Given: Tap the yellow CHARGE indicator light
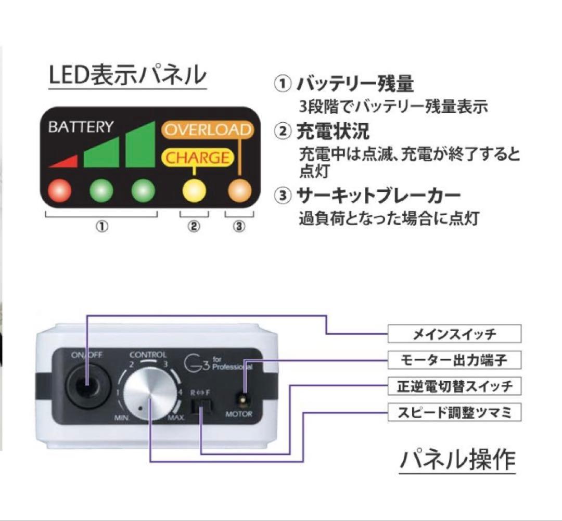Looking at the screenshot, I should click(x=194, y=190).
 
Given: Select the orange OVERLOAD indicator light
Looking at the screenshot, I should click(x=239, y=190).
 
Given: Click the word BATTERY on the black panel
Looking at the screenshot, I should click(x=81, y=127).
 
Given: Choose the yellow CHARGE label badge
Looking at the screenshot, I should click(x=197, y=157).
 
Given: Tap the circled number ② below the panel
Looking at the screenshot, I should click(x=194, y=227).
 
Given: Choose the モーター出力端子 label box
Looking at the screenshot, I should click(x=454, y=359).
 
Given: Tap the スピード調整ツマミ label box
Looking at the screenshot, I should click(x=454, y=413).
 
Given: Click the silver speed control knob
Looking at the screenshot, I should click(x=148, y=396).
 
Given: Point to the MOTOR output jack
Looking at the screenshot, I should click(x=241, y=399).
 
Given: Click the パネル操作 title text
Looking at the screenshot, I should click(x=457, y=459).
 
